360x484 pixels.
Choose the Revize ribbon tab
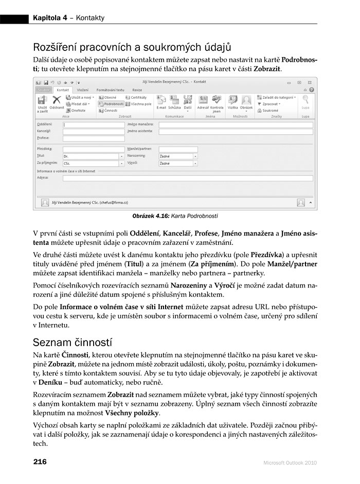pyautogui.click(x=137, y=90)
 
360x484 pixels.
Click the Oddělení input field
pyautogui.click(x=93, y=124)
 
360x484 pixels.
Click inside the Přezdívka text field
pyautogui.click(x=93, y=149)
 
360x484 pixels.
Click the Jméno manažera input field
pyautogui.click(x=236, y=124)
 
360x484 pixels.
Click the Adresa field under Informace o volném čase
pyautogui.click(x=187, y=178)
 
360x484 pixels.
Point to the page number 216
pyautogui.click(x=40, y=461)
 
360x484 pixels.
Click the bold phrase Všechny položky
pyautogui.click(x=132, y=413)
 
